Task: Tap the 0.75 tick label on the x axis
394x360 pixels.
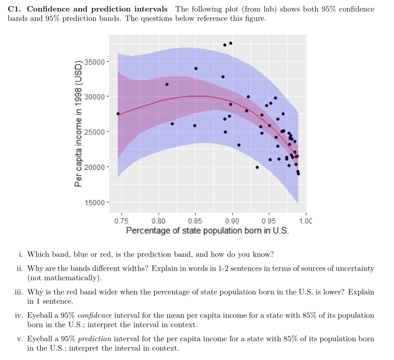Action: [121, 221]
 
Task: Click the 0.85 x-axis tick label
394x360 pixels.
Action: [195, 221]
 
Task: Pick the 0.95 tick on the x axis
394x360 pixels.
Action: [269, 221]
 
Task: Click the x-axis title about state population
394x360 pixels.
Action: [207, 231]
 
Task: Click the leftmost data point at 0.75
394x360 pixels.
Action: [118, 114]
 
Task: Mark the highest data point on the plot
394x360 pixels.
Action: [230, 43]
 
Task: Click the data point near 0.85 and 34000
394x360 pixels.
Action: [196, 68]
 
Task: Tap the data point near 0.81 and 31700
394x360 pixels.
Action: [167, 84]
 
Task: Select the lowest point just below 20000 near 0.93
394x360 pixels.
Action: [257, 167]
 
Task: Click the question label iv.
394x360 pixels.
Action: [20, 316]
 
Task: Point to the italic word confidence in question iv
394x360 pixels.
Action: [96, 316]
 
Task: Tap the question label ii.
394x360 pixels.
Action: [20, 269]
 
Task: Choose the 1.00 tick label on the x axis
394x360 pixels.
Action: [305, 221]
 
